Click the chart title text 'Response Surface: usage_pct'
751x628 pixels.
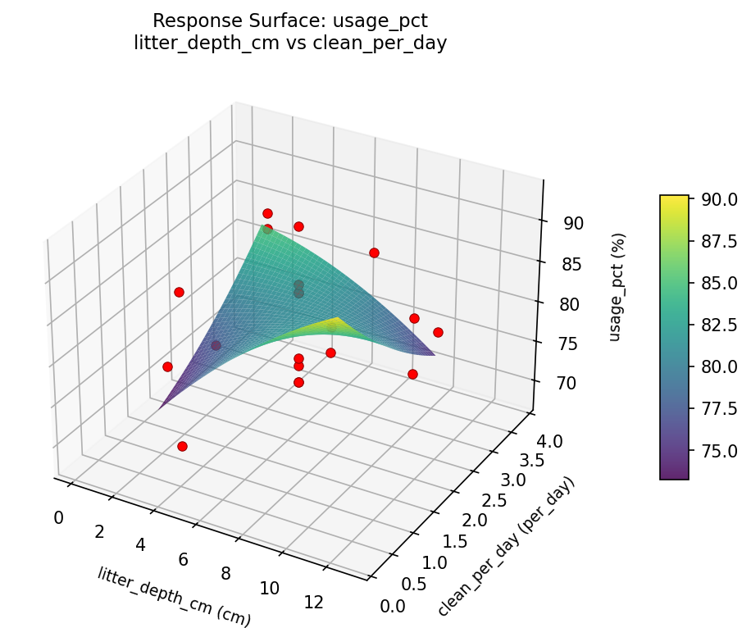pyautogui.click(x=290, y=20)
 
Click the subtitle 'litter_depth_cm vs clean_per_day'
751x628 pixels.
pyautogui.click(x=290, y=43)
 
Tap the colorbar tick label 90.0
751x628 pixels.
pyautogui.click(x=717, y=199)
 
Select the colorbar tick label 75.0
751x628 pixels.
pyautogui.click(x=717, y=450)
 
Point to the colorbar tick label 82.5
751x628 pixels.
pyautogui.click(x=717, y=325)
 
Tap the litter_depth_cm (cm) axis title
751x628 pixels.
pyautogui.click(x=174, y=597)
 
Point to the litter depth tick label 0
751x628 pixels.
pyautogui.click(x=58, y=517)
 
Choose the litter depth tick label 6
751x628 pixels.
pyautogui.click(x=183, y=559)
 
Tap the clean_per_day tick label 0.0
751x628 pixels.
pyautogui.click(x=393, y=606)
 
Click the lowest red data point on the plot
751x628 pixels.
pyautogui.click(x=182, y=446)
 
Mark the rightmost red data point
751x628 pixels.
pyautogui.click(x=438, y=332)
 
